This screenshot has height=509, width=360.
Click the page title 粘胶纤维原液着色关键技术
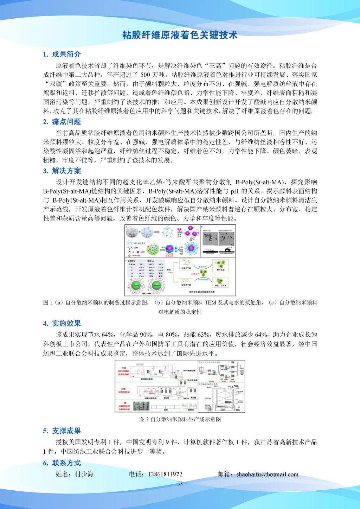[180, 35]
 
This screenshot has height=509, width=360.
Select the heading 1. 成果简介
[62, 54]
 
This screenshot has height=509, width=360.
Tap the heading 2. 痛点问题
[62, 122]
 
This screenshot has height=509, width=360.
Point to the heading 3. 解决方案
[62, 171]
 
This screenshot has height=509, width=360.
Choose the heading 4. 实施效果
[62, 323]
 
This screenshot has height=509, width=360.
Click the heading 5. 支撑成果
[62, 431]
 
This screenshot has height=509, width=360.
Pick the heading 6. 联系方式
[62, 463]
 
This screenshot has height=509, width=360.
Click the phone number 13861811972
[162, 474]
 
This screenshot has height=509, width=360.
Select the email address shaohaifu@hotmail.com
[268, 474]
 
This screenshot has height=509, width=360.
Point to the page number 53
[180, 484]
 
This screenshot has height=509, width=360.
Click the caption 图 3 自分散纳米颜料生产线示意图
[180, 419]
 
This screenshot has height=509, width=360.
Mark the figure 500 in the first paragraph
[146, 75]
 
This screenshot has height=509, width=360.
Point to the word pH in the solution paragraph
[234, 192]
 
